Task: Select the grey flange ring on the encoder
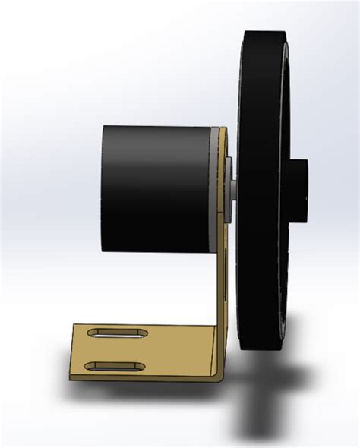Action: [x=218, y=190]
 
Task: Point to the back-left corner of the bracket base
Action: [x=74, y=325]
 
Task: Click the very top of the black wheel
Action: [x=262, y=32]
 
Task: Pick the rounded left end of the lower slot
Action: [x=89, y=367]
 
